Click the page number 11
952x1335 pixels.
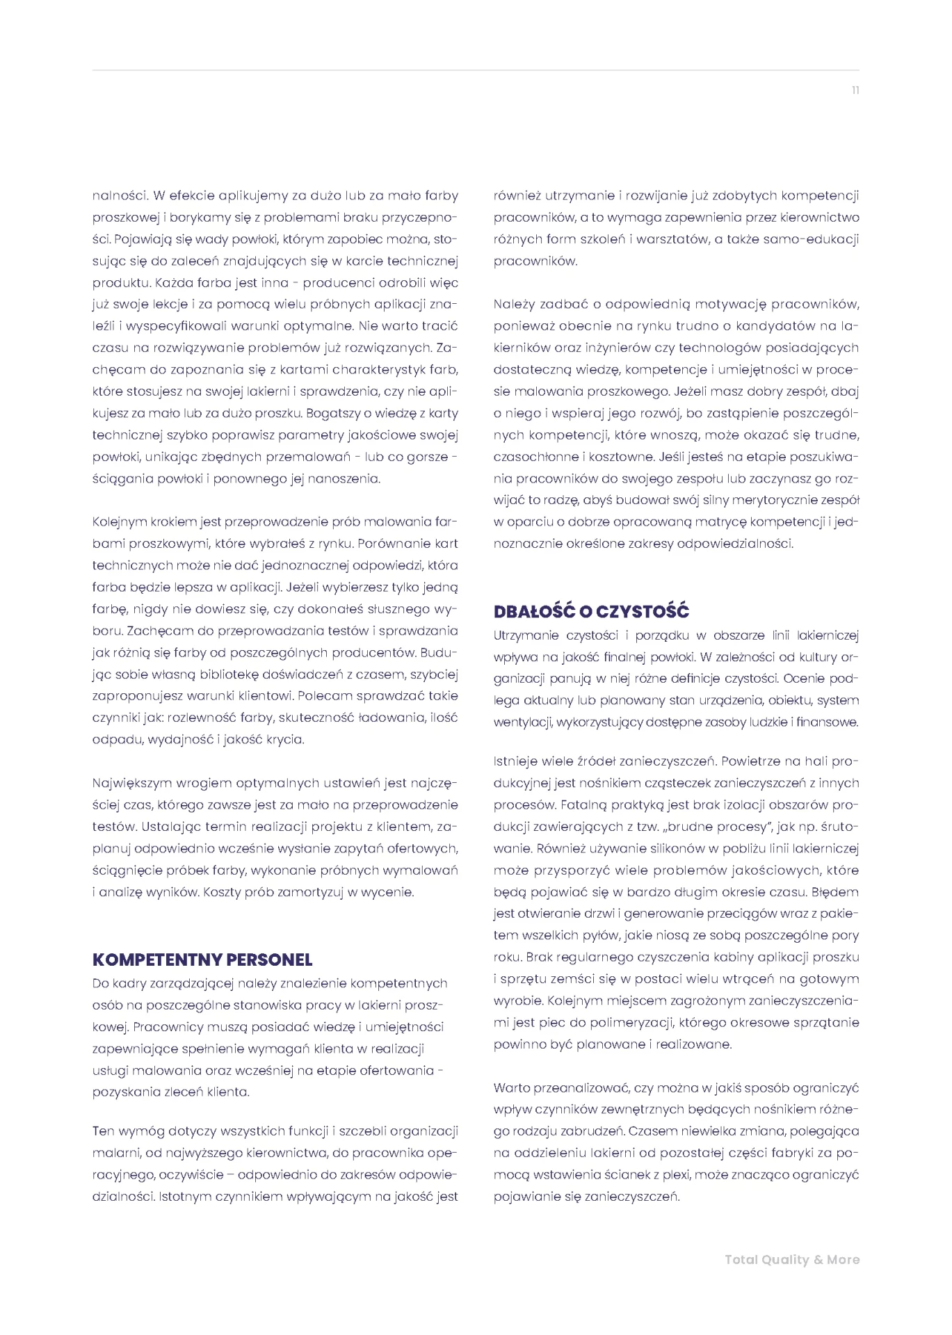coord(855,90)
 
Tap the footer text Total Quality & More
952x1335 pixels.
coord(792,1259)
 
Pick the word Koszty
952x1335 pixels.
coord(222,891)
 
